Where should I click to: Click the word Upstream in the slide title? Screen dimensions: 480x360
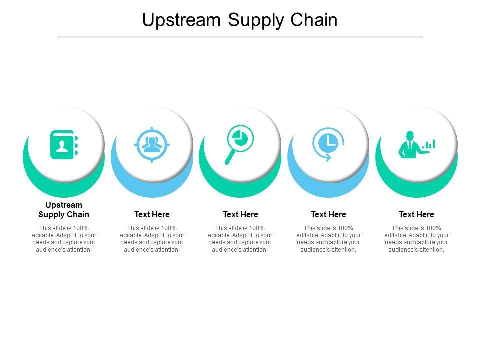181,20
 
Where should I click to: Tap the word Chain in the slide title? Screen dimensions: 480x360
315,20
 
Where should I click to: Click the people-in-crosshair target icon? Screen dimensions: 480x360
152,145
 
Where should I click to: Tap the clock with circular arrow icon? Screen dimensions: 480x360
328,144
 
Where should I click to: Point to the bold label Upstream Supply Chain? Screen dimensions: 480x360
64,210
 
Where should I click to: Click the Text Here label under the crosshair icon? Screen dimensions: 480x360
152,215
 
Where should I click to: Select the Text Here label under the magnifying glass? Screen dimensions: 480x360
240,215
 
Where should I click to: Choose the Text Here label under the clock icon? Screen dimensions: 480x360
328,215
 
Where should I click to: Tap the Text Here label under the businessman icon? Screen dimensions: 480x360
416,215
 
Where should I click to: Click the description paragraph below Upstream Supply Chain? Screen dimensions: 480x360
64,239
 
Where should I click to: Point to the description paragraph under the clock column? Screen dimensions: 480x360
328,239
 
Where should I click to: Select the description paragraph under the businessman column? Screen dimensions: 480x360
416,239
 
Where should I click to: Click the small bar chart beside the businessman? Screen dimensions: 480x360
429,145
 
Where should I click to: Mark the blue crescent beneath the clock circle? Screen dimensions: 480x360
328,189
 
